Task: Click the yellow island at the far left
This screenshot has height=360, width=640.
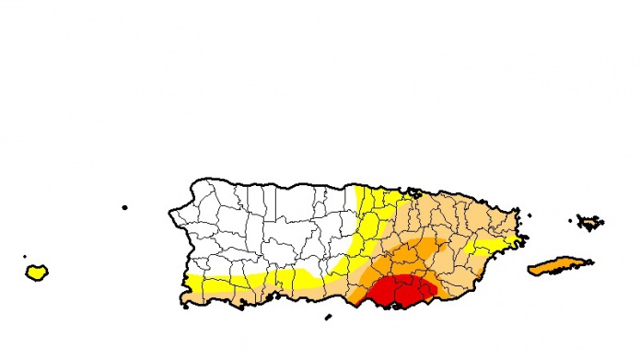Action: [x=37, y=272]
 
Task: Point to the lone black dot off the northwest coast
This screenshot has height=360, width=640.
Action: [x=124, y=207]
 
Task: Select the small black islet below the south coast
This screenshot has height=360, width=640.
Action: [x=328, y=319]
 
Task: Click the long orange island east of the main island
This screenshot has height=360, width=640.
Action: [x=560, y=265]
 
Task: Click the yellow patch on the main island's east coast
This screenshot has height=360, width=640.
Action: [x=488, y=245]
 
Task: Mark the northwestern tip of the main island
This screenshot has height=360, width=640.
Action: [x=194, y=184]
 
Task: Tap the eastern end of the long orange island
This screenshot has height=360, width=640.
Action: [x=592, y=261]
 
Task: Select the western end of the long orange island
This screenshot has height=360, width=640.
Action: [x=529, y=271]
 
